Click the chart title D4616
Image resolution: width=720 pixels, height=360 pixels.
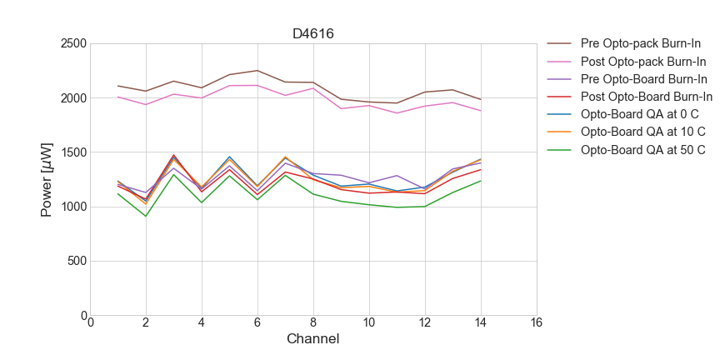tap(313, 34)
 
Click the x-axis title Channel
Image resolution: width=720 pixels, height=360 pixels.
tap(312, 339)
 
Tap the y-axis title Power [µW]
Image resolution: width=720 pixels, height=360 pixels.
tap(47, 179)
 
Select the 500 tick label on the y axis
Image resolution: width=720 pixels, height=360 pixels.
tap(76, 261)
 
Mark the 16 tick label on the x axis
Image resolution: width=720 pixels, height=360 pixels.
tap(536, 323)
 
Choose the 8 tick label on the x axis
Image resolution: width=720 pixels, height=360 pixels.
tap(313, 323)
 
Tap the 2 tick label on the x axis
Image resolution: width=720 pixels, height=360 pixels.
tap(146, 323)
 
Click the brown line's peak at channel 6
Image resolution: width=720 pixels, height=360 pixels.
tap(257, 71)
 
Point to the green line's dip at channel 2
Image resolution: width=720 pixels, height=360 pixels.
tap(146, 217)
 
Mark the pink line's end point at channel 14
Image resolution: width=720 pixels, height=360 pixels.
tap(481, 111)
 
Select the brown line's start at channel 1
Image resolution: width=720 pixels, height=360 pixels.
tap(118, 86)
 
